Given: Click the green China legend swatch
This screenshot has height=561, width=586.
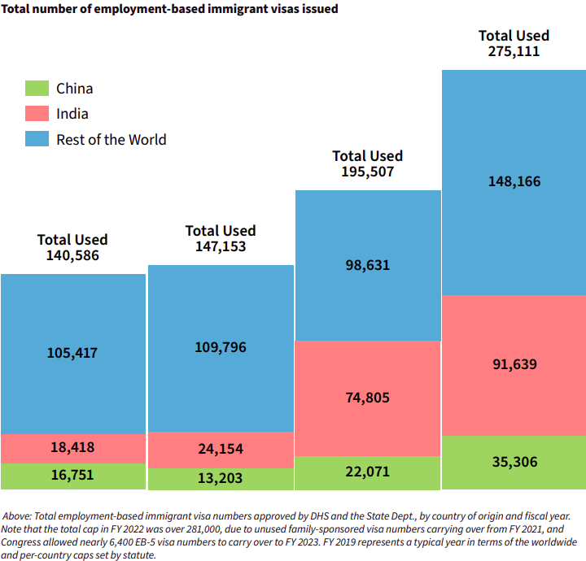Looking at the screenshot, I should [37, 88].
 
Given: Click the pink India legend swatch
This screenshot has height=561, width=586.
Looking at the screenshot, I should [37, 113].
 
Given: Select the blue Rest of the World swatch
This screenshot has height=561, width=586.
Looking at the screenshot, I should [37, 138].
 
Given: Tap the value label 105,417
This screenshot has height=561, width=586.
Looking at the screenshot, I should [73, 353].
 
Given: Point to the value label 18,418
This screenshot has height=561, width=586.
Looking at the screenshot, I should [73, 448].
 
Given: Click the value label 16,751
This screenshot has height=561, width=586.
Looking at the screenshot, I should [73, 476].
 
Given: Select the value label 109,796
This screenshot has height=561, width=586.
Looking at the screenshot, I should [221, 347].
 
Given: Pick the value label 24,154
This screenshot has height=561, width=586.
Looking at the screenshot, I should [221, 449].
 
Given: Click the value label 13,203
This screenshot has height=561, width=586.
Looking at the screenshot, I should [221, 478].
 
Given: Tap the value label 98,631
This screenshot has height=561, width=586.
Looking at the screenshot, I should [368, 265].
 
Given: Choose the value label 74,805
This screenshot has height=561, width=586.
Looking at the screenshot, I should [368, 398].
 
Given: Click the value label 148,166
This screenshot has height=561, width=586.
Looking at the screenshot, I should [514, 181].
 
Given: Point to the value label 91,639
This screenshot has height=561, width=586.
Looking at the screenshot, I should [514, 364].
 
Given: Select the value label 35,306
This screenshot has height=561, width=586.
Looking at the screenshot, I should [514, 462].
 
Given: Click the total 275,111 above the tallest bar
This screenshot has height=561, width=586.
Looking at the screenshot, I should [514, 51].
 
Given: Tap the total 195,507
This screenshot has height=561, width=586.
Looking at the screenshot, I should [368, 172].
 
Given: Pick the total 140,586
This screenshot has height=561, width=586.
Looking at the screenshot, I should [73, 255].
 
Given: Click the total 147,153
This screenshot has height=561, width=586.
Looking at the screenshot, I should [221, 246].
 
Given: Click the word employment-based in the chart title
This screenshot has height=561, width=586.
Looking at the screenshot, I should [134, 9].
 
